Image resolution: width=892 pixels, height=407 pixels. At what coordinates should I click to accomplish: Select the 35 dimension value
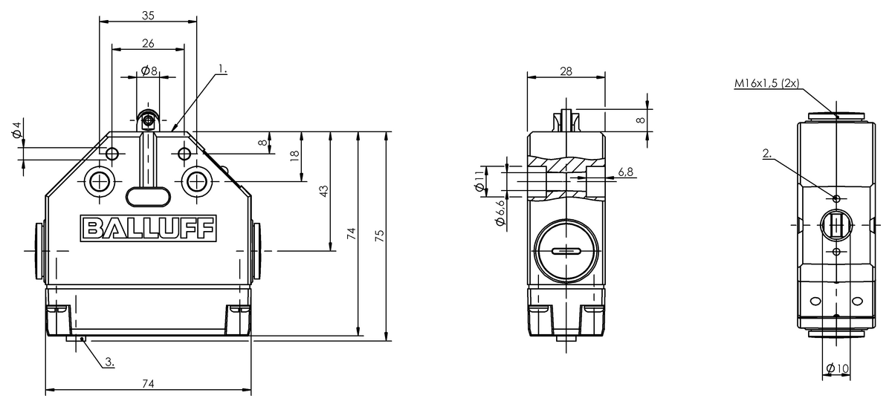(x=148, y=14)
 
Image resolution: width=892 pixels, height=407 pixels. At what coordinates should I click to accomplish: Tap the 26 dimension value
(x=148, y=43)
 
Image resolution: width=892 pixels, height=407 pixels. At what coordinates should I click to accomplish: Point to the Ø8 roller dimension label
(x=149, y=71)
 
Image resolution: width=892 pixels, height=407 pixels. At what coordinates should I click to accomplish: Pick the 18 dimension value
(x=294, y=155)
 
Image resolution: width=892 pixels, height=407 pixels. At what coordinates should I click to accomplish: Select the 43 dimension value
(x=323, y=191)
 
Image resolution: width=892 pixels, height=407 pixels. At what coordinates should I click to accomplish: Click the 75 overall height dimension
(x=379, y=236)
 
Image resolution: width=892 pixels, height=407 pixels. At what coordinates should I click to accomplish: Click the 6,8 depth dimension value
(x=626, y=172)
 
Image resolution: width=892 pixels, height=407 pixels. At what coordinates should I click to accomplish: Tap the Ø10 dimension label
(x=837, y=368)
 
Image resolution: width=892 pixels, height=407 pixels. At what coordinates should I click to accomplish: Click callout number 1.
(x=222, y=70)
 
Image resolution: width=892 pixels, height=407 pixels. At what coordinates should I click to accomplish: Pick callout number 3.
(x=109, y=362)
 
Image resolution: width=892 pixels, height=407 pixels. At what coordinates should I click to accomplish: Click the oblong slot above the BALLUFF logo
(x=148, y=195)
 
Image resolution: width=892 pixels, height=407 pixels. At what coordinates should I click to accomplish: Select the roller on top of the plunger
(x=149, y=120)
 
